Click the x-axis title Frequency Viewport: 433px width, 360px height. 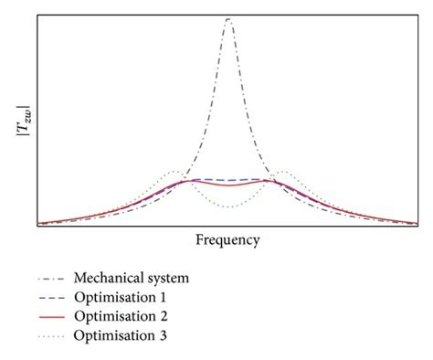point(227,239)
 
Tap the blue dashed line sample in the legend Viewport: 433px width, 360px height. point(54,298)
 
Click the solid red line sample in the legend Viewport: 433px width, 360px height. point(54,317)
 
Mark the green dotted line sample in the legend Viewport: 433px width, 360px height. point(54,336)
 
